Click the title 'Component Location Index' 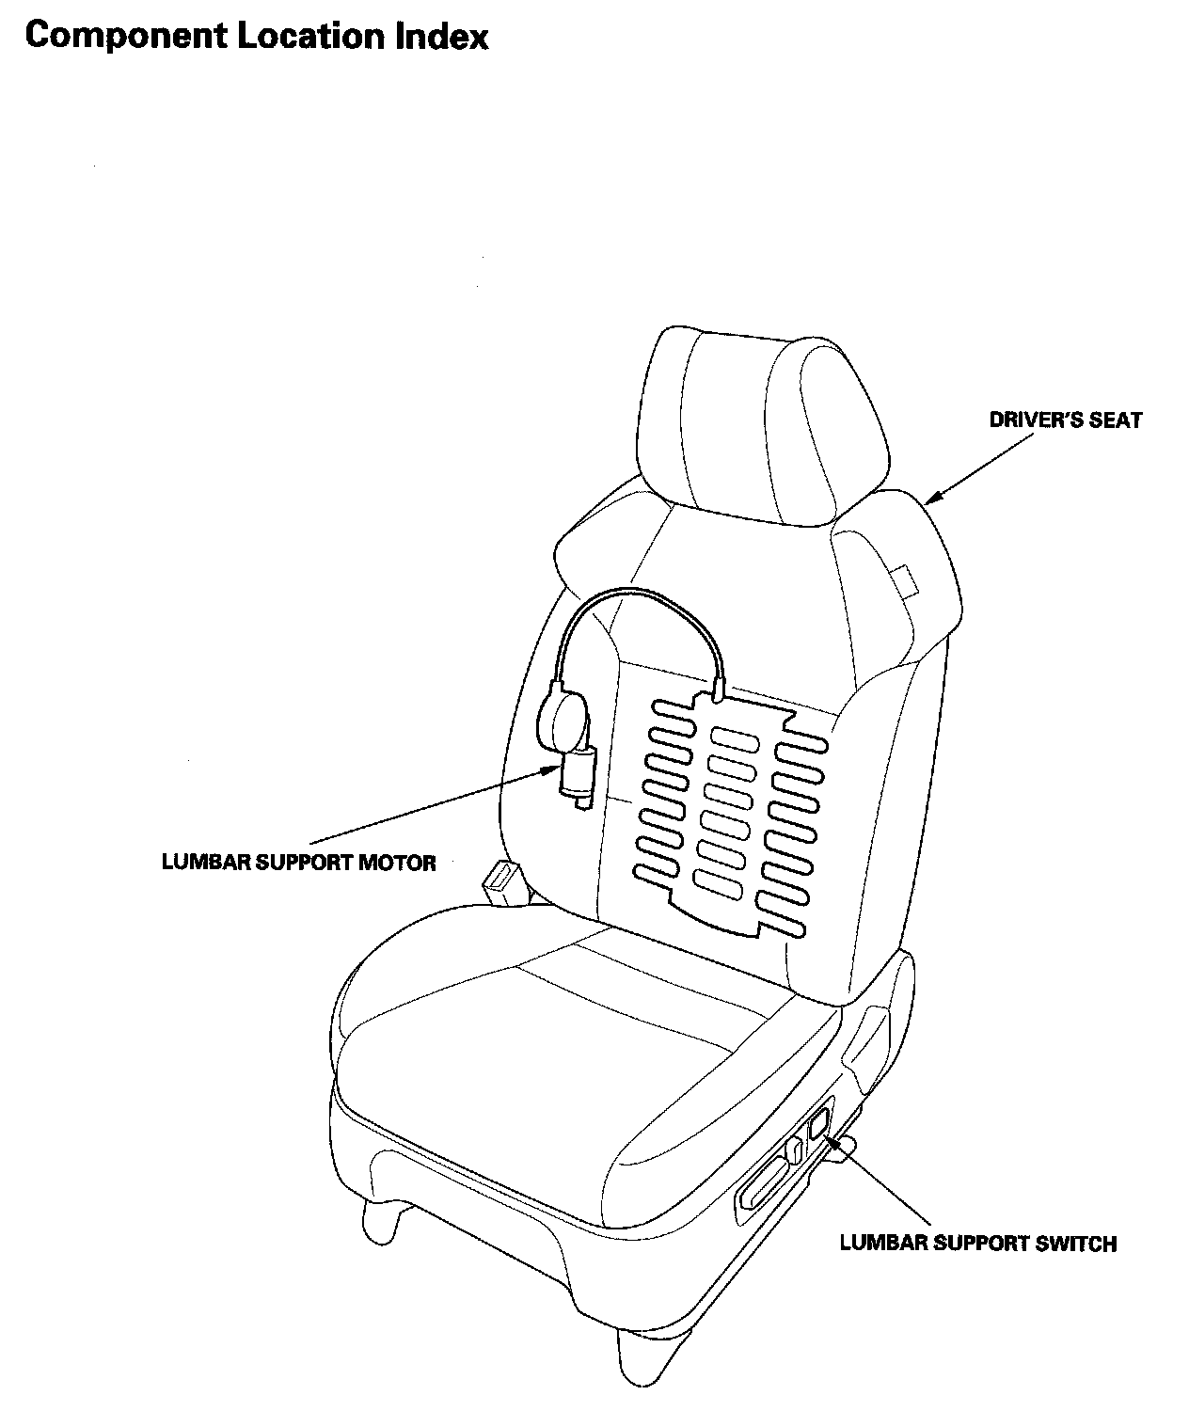coord(256,37)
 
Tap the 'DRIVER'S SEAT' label coord(1065,420)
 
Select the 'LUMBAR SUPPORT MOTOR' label coord(299,862)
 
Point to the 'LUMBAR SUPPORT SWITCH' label coord(977,1244)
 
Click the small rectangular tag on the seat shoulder coord(904,579)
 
